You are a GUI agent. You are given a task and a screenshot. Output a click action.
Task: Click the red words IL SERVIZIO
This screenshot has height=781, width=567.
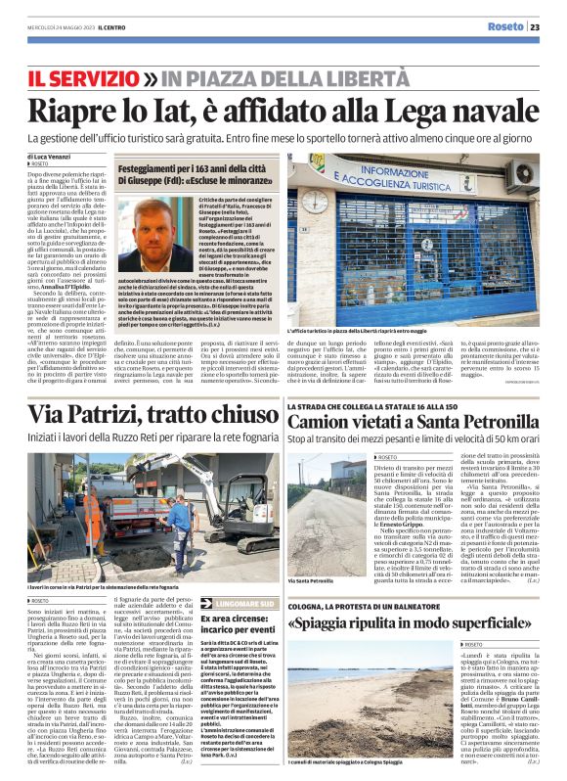(82, 76)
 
